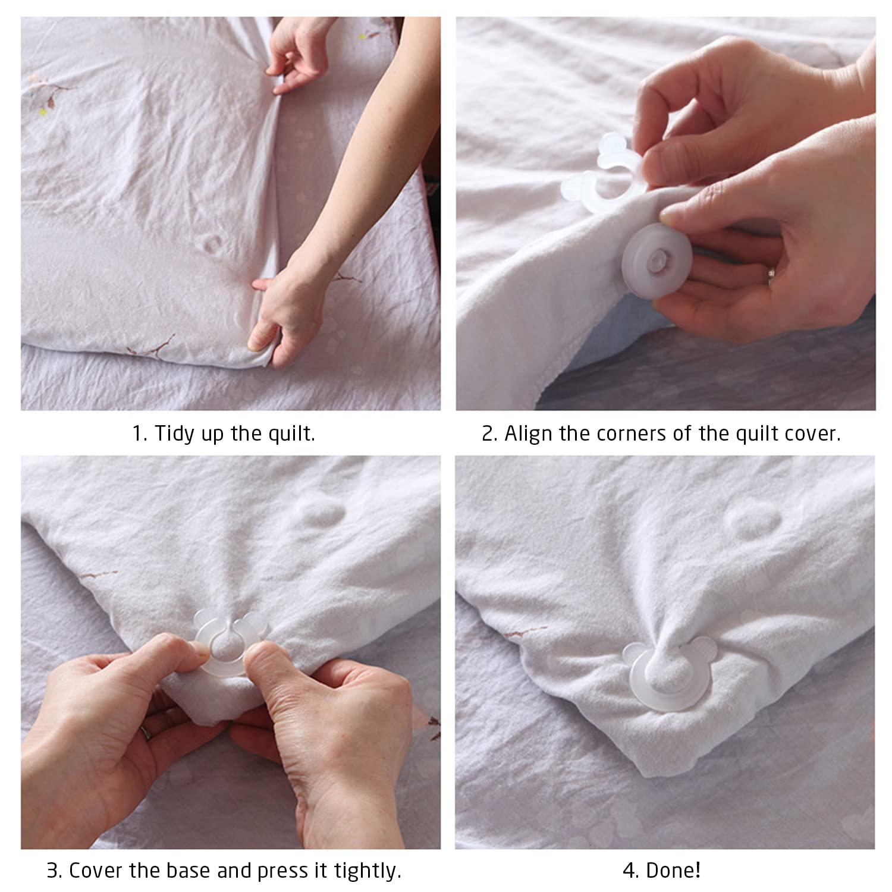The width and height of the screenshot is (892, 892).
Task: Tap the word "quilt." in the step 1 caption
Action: point(291,434)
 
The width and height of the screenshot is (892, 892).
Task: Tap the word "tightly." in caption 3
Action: point(368,871)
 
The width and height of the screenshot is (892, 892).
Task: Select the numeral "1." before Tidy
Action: point(140,434)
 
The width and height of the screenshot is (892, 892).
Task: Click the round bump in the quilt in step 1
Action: point(212,243)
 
